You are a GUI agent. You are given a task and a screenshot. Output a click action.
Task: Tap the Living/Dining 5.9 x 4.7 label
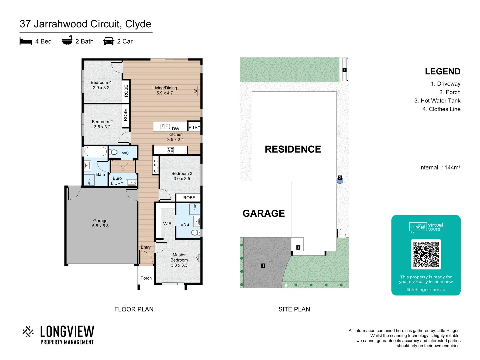[165, 90]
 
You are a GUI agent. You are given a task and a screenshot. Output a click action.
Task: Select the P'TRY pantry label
[194, 127]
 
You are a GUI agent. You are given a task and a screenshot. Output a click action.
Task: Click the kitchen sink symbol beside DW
[165, 126]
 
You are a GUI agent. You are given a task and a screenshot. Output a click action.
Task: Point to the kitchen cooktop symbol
[170, 150]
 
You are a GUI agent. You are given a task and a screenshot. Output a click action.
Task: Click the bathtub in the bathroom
[95, 152]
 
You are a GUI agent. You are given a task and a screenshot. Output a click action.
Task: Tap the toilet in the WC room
[114, 152]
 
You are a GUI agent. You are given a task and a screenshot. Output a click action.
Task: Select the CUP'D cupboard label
[156, 166]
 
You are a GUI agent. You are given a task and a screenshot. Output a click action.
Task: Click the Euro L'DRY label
[117, 181]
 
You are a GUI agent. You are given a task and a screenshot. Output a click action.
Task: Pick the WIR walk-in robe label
[167, 224]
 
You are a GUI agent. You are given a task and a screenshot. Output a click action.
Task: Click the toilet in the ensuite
[196, 232]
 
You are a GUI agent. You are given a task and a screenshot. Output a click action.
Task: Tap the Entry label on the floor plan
[146, 247]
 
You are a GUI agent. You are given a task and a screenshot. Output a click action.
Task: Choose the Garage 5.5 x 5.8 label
[100, 223]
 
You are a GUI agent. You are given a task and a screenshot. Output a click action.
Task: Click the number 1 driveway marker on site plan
[263, 266]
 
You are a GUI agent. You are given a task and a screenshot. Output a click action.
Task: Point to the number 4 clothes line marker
[344, 70]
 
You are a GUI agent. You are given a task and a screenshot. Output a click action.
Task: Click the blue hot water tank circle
[340, 180]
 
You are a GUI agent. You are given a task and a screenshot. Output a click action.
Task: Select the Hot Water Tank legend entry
[437, 101]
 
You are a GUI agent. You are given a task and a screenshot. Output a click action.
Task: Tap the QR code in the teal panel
[426, 254]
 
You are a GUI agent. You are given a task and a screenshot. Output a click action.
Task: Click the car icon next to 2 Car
[109, 41]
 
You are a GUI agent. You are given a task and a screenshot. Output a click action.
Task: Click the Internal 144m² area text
[439, 167]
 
